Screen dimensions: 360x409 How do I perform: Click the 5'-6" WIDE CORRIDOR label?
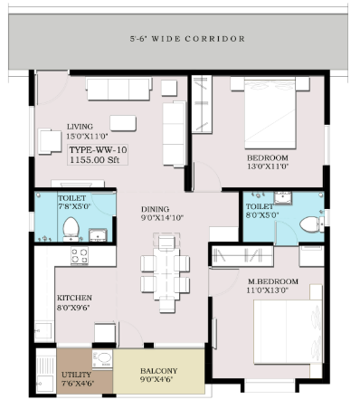click(x=187, y=39)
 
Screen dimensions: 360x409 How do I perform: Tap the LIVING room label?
click(x=80, y=127)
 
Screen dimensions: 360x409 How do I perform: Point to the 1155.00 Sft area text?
click(x=94, y=160)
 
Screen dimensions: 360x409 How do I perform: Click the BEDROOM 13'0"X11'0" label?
click(x=268, y=162)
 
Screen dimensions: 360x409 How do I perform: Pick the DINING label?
click(x=155, y=209)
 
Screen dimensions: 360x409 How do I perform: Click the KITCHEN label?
click(x=74, y=298)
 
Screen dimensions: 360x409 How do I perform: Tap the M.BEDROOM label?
click(x=273, y=281)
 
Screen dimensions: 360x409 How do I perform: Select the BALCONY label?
click(x=158, y=371)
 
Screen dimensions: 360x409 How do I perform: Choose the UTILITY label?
click(x=76, y=375)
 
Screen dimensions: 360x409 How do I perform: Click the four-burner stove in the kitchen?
click(x=80, y=256)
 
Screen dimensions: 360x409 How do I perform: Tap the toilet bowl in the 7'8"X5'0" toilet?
click(x=71, y=229)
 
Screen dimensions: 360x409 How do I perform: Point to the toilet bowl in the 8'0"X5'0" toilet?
click(x=311, y=224)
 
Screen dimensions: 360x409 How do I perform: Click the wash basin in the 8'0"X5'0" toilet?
click(x=283, y=197)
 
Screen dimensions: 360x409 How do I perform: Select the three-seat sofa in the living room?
click(x=119, y=89)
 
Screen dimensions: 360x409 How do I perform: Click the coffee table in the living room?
click(x=123, y=123)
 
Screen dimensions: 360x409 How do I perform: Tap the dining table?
click(x=166, y=274)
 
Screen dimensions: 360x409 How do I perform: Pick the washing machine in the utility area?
click(x=102, y=359)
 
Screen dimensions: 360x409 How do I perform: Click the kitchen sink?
click(x=43, y=331)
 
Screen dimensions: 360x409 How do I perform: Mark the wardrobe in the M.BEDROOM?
click(x=242, y=256)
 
